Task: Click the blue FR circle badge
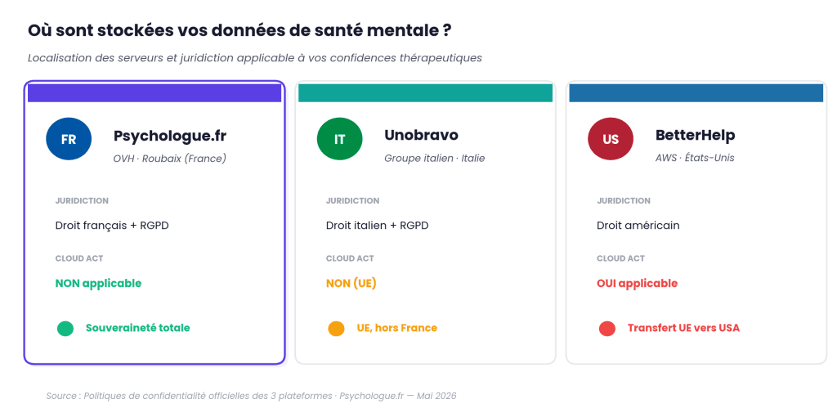[x=69, y=139]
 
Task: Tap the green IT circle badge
[x=339, y=139]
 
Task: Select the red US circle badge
[x=611, y=139]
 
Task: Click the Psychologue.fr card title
[x=170, y=136]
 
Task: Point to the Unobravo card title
[x=421, y=135]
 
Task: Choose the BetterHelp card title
[x=695, y=136]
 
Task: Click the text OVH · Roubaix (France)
[x=170, y=159]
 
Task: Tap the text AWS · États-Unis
[x=695, y=158]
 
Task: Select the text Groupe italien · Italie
[x=435, y=159]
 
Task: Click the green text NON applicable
[x=98, y=284]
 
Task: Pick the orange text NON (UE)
[x=351, y=284]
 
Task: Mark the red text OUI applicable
[x=637, y=284]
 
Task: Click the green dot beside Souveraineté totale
[x=65, y=329]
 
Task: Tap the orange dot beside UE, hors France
[x=336, y=329]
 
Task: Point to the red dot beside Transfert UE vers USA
[x=607, y=329]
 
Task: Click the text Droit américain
[x=638, y=226]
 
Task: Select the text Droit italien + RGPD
[x=377, y=226]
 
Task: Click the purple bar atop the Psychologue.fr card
[x=154, y=93]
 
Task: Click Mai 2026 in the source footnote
[x=436, y=397]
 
